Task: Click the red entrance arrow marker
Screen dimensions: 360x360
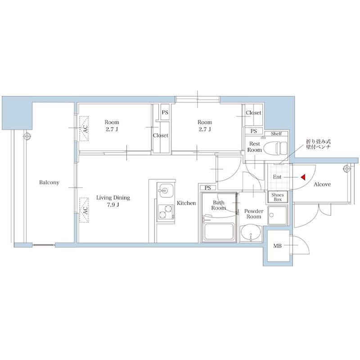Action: point(303,177)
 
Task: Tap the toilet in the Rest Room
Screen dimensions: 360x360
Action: point(275,148)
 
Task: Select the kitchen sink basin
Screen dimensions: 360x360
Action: point(165,190)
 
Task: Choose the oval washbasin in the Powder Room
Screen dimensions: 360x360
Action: point(251,232)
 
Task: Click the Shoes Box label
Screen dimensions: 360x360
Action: point(278,197)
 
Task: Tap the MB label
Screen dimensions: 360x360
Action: point(277,246)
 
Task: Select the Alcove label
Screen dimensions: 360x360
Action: point(322,184)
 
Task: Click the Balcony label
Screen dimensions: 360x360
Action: point(49,183)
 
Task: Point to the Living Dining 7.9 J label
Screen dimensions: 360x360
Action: point(113,201)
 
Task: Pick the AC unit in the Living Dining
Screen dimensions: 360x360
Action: point(84,210)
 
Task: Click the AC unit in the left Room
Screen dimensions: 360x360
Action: point(84,129)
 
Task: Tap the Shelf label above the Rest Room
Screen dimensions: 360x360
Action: point(276,134)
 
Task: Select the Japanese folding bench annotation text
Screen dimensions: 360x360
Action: point(318,144)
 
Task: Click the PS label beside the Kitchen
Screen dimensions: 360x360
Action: point(207,188)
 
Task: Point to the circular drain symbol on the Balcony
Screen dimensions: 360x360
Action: point(27,136)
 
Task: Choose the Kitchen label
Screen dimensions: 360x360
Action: point(186,203)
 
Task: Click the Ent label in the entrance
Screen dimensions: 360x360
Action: point(277,177)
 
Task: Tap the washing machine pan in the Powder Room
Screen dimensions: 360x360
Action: point(278,216)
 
